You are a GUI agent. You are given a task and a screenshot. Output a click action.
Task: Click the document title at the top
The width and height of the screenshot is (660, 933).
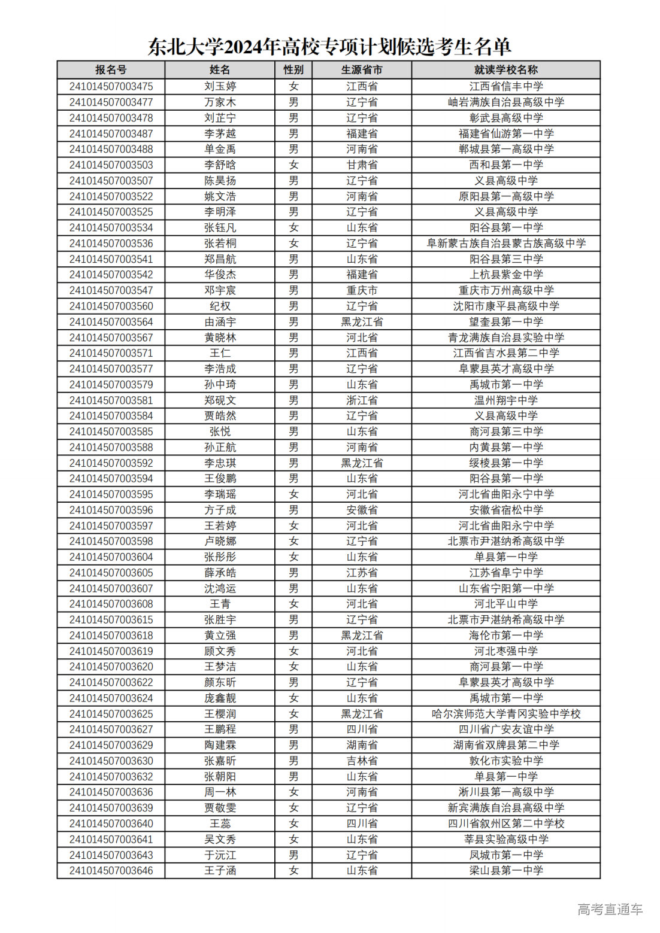(x=329, y=47)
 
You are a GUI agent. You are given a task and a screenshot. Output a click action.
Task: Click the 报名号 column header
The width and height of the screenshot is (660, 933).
(x=111, y=70)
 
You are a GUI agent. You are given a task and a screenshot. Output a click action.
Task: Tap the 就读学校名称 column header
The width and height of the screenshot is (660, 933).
(x=505, y=70)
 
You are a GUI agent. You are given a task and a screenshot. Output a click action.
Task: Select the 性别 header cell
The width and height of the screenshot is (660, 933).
(x=293, y=70)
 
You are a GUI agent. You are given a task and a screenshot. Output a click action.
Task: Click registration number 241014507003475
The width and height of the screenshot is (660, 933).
(x=111, y=86)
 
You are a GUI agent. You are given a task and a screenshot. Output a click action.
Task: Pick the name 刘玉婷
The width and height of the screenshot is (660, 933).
(x=220, y=86)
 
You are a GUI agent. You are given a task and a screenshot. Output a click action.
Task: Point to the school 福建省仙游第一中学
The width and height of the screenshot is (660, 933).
(x=505, y=133)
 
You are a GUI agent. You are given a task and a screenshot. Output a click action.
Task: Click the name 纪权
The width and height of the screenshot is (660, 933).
(x=220, y=306)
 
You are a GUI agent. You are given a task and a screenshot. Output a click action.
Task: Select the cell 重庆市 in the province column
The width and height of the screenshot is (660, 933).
(x=362, y=290)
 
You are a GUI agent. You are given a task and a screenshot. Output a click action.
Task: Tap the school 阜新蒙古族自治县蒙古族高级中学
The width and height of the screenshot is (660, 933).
(x=505, y=243)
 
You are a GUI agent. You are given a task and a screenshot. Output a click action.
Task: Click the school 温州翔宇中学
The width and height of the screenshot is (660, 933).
(x=505, y=400)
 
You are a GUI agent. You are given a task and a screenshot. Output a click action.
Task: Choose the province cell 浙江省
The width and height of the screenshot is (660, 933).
(x=362, y=400)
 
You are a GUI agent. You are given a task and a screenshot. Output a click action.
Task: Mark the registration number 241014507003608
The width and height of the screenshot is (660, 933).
(x=111, y=604)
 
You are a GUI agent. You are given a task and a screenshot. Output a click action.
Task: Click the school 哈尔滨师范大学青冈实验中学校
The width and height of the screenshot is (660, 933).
(x=505, y=713)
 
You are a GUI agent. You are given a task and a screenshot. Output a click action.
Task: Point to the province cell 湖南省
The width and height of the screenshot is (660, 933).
(x=362, y=745)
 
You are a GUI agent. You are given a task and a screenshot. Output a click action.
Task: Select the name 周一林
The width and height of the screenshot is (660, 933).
(x=220, y=792)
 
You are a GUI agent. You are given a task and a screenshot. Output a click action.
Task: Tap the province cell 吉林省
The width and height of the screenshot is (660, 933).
(x=362, y=761)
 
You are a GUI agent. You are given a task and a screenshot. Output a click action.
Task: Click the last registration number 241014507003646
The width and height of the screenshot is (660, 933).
(x=111, y=870)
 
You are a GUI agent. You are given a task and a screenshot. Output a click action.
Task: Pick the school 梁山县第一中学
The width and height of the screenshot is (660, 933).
(x=505, y=870)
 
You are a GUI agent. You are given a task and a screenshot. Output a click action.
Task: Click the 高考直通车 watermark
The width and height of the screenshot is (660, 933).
(x=610, y=909)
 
